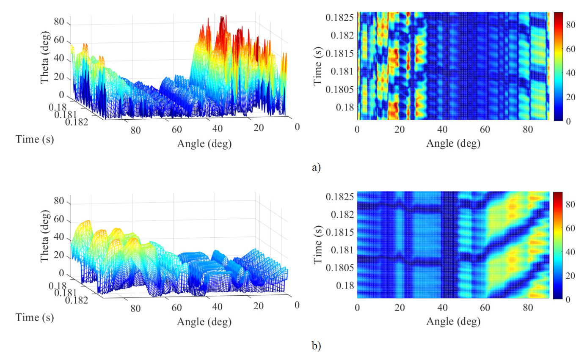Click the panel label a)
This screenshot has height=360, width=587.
316,168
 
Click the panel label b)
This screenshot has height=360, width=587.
316,346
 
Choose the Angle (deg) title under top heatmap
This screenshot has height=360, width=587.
453,143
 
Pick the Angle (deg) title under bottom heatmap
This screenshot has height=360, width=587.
453,322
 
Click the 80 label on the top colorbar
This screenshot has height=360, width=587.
570,25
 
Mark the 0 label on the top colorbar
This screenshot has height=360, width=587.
568,121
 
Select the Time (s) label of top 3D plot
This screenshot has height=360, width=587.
34,139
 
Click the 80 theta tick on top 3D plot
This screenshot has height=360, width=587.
61,22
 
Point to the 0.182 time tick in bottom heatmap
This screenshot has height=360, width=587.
342,214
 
